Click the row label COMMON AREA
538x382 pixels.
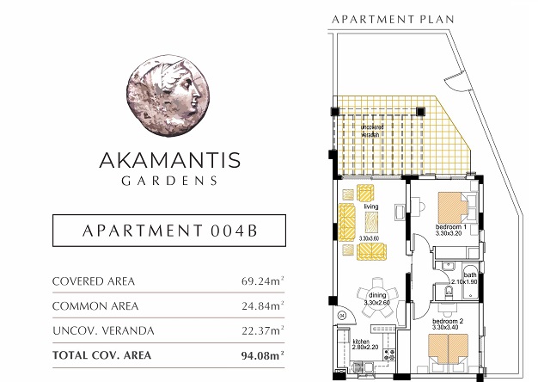(x=94, y=305)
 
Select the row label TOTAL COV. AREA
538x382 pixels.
(x=102, y=354)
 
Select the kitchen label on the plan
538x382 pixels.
(x=360, y=342)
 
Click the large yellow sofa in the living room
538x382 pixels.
(x=347, y=222)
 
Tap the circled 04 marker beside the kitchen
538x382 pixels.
(x=341, y=316)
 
